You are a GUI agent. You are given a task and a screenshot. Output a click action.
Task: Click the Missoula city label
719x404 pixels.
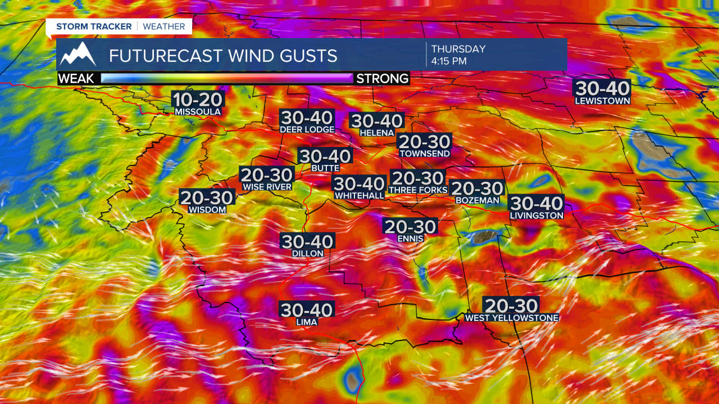[x=198, y=112]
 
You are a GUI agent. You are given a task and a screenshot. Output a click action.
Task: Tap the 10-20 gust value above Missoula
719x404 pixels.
[x=198, y=100]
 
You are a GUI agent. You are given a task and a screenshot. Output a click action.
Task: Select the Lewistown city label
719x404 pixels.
[x=602, y=101]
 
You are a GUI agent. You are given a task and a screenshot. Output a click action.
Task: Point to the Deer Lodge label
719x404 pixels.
[x=307, y=130]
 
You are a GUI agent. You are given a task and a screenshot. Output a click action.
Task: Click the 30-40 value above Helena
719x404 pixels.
[x=376, y=121]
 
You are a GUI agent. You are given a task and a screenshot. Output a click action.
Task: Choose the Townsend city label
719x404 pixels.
[x=424, y=153]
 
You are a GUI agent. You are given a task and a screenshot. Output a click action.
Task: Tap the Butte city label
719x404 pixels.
[x=325, y=168]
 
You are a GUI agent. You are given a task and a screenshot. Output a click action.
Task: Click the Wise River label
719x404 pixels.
[x=267, y=187]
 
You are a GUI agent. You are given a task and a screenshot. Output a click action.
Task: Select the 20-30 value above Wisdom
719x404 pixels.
[x=206, y=198]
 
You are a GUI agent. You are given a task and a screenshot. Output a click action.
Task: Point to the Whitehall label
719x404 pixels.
[x=359, y=195]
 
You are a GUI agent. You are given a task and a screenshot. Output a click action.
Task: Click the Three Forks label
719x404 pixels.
[x=418, y=190]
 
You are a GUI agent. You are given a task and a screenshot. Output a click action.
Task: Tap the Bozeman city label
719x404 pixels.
[x=477, y=200]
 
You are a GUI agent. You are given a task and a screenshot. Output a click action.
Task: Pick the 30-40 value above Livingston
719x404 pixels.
[x=536, y=203]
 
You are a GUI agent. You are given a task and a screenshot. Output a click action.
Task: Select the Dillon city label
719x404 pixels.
[x=308, y=253]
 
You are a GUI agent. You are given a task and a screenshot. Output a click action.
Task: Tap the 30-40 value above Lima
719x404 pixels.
[x=307, y=310]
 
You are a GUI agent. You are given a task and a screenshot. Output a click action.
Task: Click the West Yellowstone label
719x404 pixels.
[x=511, y=318]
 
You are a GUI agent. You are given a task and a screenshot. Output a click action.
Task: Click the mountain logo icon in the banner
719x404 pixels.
[x=78, y=54]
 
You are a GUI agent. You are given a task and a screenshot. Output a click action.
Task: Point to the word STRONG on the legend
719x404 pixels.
[x=382, y=79]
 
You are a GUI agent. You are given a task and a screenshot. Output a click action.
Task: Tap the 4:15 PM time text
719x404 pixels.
[x=449, y=61]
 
